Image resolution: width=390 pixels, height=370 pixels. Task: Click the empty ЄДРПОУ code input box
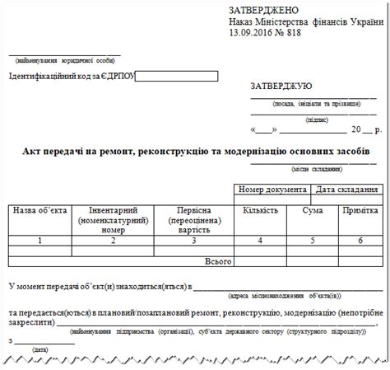176,77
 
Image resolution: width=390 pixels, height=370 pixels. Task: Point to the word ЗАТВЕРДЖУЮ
281,86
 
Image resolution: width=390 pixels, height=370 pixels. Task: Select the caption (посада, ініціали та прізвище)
316,105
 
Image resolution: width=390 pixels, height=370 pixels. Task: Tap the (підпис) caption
316,120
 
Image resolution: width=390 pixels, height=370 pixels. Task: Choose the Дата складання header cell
346,190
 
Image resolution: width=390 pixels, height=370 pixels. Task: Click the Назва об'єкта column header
39,211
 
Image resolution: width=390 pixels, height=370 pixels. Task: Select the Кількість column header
260,211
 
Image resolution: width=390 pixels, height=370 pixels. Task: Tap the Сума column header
313,211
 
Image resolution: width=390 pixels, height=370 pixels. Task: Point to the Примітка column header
360,211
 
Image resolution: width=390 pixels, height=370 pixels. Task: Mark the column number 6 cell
360,241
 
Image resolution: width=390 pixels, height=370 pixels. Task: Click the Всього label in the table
217,260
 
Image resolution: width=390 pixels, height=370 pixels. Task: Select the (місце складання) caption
316,169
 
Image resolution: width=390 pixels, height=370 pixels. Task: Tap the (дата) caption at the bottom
39,349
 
